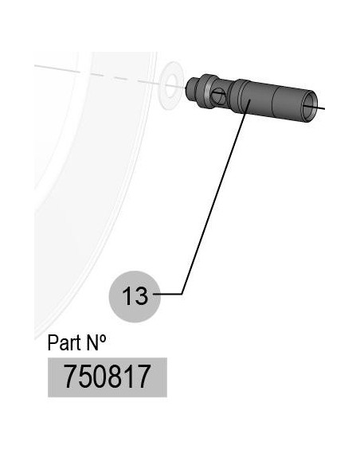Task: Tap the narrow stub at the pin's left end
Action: (x=191, y=89)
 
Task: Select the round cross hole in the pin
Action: (x=218, y=96)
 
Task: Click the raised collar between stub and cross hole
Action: (x=205, y=91)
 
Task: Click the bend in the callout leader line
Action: (x=182, y=294)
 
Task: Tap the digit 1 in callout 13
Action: (x=127, y=296)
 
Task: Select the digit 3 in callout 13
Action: (x=141, y=296)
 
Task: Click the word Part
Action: (x=64, y=342)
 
